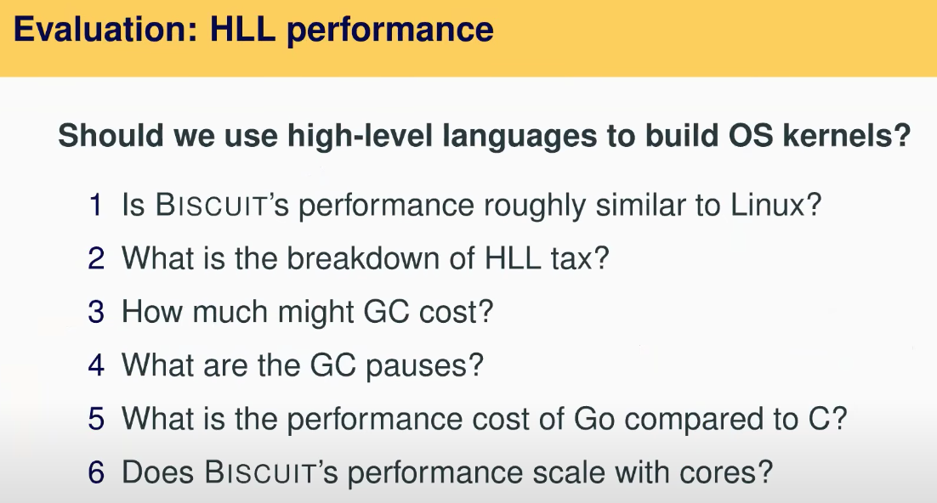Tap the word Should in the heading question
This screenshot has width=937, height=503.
pyautogui.click(x=111, y=135)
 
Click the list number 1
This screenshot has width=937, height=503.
pyautogui.click(x=96, y=205)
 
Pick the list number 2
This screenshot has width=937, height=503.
pyautogui.click(x=96, y=258)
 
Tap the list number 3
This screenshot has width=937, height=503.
pyautogui.click(x=96, y=312)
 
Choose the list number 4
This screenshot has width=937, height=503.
pyautogui.click(x=96, y=365)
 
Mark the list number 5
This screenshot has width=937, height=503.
pyautogui.click(x=96, y=419)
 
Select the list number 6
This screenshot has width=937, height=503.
pyautogui.click(x=96, y=472)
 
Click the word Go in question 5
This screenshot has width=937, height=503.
pyautogui.click(x=594, y=419)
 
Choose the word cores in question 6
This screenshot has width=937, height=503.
pyautogui.click(x=727, y=473)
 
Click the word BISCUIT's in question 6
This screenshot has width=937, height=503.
pyautogui.click(x=271, y=472)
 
